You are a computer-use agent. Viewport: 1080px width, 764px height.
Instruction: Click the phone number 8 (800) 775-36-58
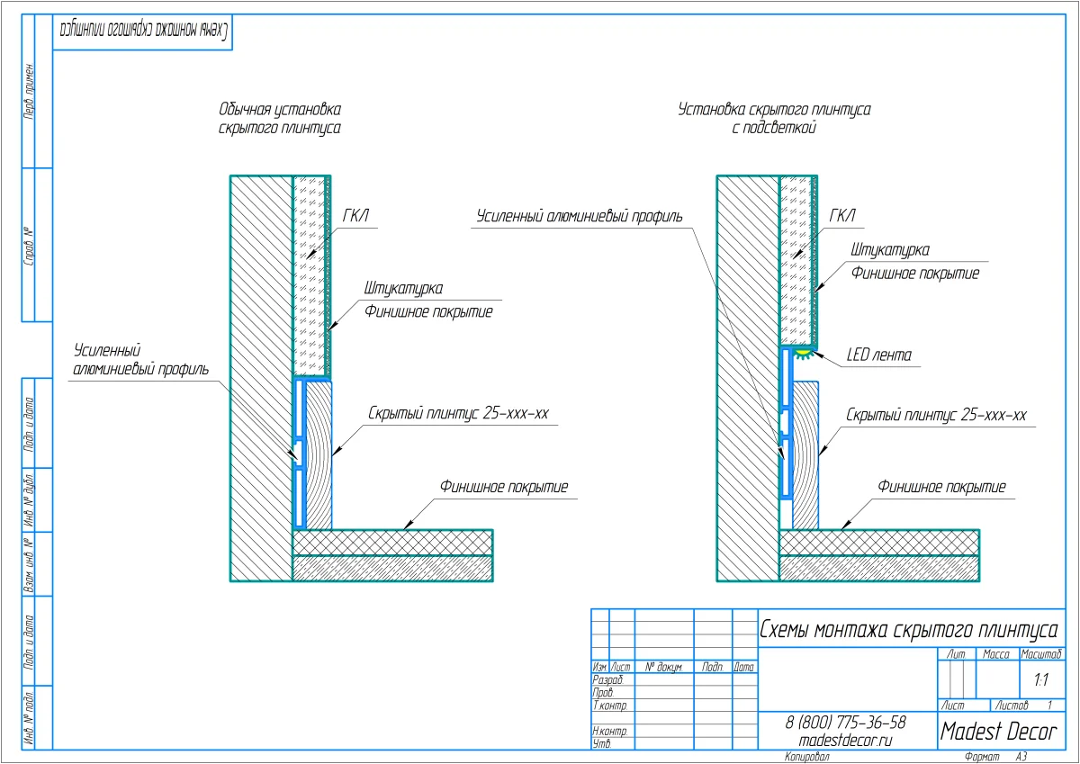pyautogui.click(x=845, y=723)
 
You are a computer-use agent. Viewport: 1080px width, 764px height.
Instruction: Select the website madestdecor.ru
pyautogui.click(x=845, y=740)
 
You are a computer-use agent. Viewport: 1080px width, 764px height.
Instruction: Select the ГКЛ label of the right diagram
pyautogui.click(x=841, y=216)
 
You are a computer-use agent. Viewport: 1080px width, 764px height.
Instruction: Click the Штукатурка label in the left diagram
pyautogui.click(x=403, y=289)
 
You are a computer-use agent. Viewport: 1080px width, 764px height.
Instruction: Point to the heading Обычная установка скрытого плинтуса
pyautogui.click(x=280, y=119)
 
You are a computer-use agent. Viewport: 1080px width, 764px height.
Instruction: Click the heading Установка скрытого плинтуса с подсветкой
pyautogui.click(x=774, y=119)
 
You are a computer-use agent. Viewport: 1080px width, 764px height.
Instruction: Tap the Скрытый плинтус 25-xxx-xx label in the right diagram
pyautogui.click(x=936, y=415)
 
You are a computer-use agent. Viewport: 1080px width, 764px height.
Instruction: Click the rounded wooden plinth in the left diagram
pyautogui.click(x=319, y=454)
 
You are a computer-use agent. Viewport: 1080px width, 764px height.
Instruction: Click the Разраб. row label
pyautogui.click(x=608, y=681)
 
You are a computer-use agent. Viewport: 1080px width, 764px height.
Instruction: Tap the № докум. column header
pyautogui.click(x=664, y=668)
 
